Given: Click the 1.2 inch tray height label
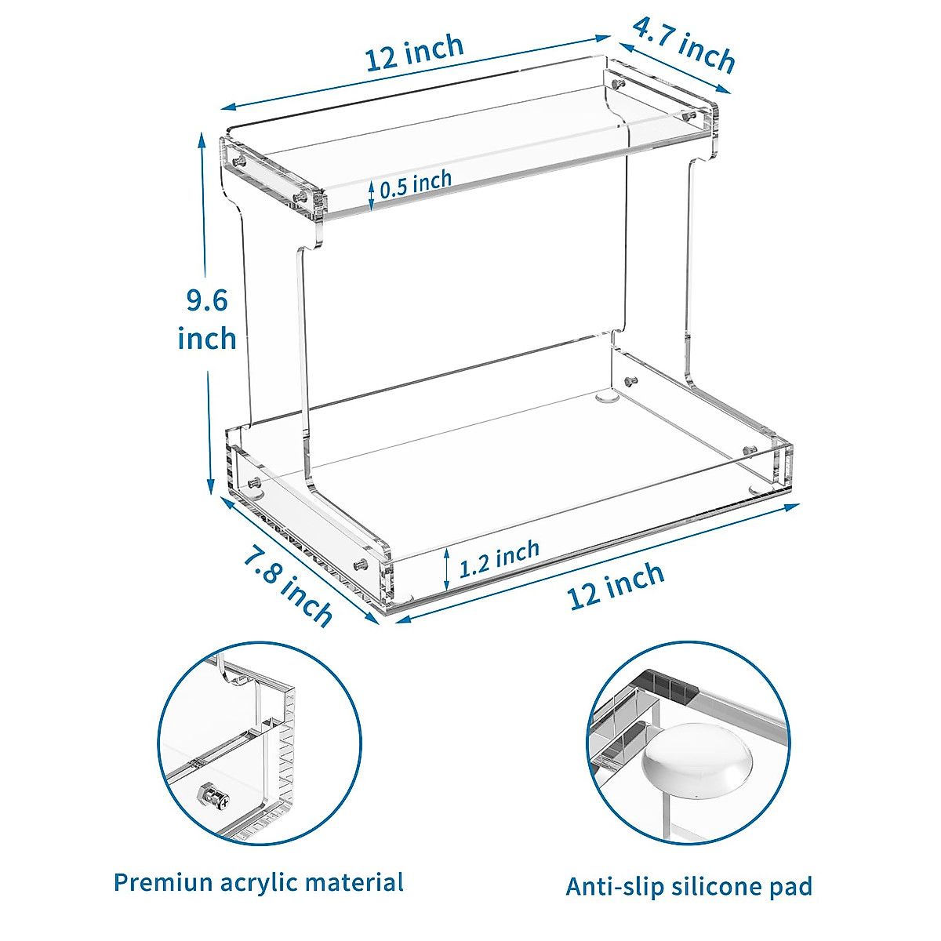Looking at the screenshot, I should click(x=500, y=558).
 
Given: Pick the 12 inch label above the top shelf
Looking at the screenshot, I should click(x=415, y=54).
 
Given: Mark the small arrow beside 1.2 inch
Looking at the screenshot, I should click(x=446, y=569).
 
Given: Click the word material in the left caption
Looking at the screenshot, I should click(x=354, y=882).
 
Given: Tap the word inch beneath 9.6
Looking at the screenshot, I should click(x=207, y=339).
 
